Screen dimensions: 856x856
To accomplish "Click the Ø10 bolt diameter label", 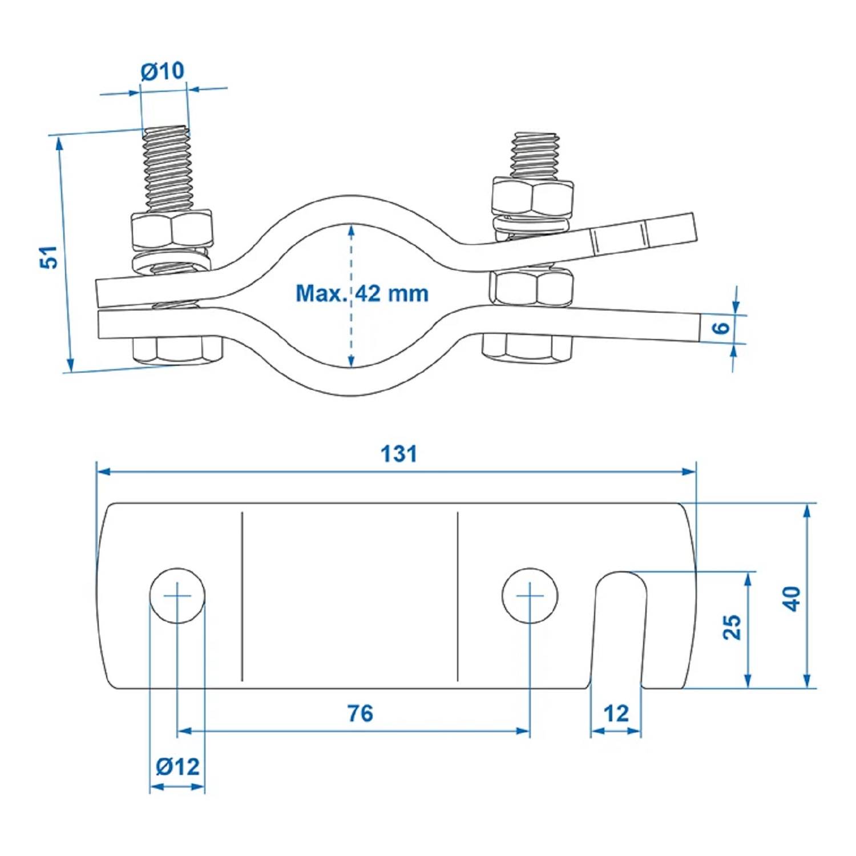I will (163, 71).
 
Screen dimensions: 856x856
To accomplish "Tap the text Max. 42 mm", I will (362, 293).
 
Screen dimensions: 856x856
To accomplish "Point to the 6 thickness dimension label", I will (721, 328).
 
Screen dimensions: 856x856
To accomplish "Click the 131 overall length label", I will (398, 454).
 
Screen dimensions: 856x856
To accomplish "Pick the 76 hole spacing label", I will (360, 713).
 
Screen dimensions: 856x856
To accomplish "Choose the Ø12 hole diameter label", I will (177, 766).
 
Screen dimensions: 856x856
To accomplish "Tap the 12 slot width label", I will (616, 713).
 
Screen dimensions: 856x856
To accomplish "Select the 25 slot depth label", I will (732, 627).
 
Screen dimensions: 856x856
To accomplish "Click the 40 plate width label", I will (792, 599).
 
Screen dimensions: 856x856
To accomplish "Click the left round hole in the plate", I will (177, 595).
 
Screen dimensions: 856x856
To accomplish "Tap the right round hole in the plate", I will (530, 595).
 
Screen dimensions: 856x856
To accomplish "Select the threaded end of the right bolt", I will (535, 155).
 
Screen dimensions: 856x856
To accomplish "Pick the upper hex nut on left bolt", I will (172, 231).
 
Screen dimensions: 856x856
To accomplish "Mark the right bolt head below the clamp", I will (527, 348).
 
